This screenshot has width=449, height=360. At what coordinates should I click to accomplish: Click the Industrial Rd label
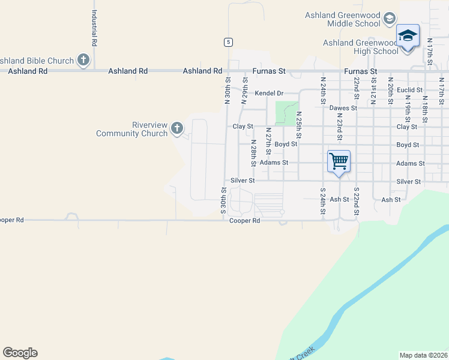(94, 28)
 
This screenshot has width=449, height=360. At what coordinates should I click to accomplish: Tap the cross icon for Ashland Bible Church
(83, 60)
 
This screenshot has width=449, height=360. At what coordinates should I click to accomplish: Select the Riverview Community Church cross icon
(176, 128)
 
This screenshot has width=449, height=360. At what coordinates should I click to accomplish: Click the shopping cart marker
(339, 161)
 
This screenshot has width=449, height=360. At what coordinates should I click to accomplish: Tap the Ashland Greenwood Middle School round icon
(390, 19)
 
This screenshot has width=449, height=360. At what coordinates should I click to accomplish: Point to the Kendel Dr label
(268, 94)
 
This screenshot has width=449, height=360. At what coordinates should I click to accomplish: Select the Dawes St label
(343, 108)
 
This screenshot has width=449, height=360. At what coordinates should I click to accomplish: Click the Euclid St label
(410, 90)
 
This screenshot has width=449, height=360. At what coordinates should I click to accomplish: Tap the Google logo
(20, 353)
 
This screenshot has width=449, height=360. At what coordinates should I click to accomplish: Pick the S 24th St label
(322, 201)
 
